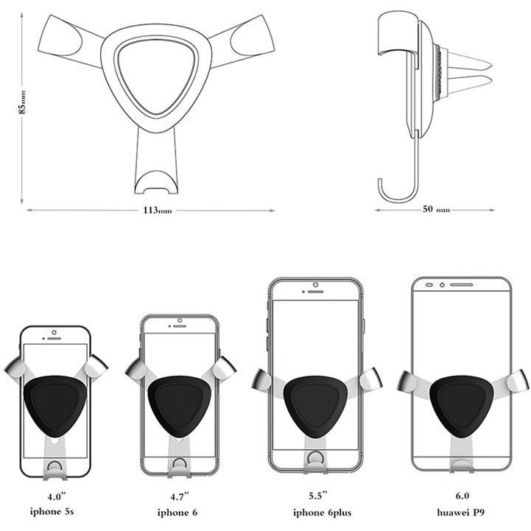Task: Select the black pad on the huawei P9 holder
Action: point(461,401)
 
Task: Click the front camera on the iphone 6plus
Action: point(315,284)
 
